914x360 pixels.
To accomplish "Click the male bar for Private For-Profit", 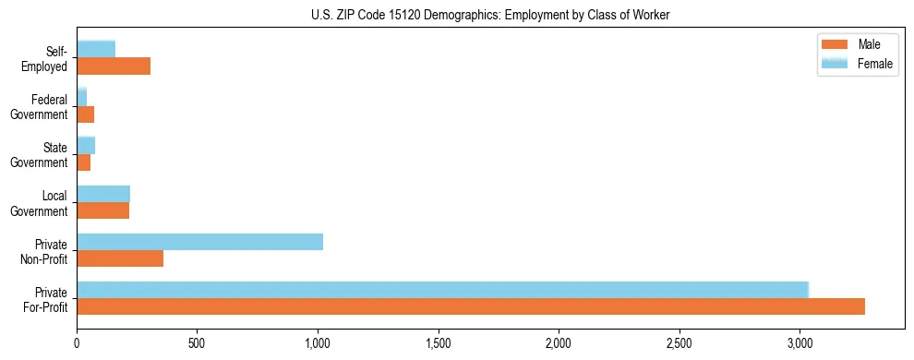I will pos(471,306).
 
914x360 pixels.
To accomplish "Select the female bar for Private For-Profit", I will pos(442,290).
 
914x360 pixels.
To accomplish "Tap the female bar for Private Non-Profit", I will pos(199,242).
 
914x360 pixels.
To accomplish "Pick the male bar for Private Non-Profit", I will pos(120,258).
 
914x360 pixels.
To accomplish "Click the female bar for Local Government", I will pos(103,194).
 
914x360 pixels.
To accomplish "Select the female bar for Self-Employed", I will pos(96,49).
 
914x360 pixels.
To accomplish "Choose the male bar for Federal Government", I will pos(86,114).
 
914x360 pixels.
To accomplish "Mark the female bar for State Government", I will pos(86,146).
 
